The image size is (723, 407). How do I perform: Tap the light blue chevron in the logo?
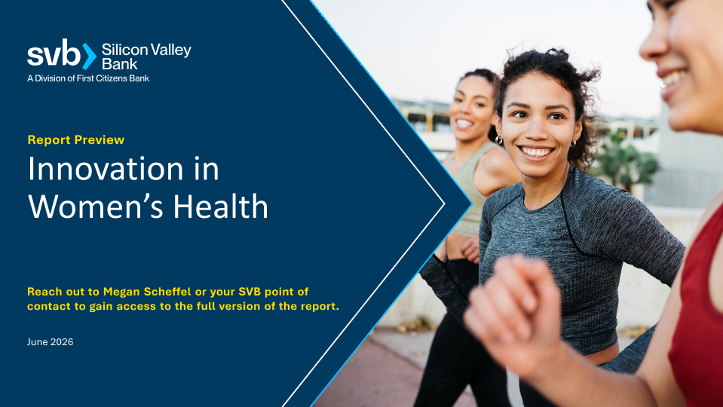pyautogui.click(x=89, y=57)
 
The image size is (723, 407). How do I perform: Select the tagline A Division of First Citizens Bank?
pyautogui.click(x=88, y=78)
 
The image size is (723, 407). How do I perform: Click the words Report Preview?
pyautogui.click(x=75, y=139)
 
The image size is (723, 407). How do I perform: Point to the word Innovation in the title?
pyautogui.click(x=106, y=169)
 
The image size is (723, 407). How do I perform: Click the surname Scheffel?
pyautogui.click(x=167, y=292)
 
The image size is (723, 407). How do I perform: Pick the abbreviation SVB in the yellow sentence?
pyautogui.click(x=250, y=292)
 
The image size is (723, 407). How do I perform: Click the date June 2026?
pyautogui.click(x=50, y=342)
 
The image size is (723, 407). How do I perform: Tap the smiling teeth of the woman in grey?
pyautogui.click(x=536, y=151)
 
